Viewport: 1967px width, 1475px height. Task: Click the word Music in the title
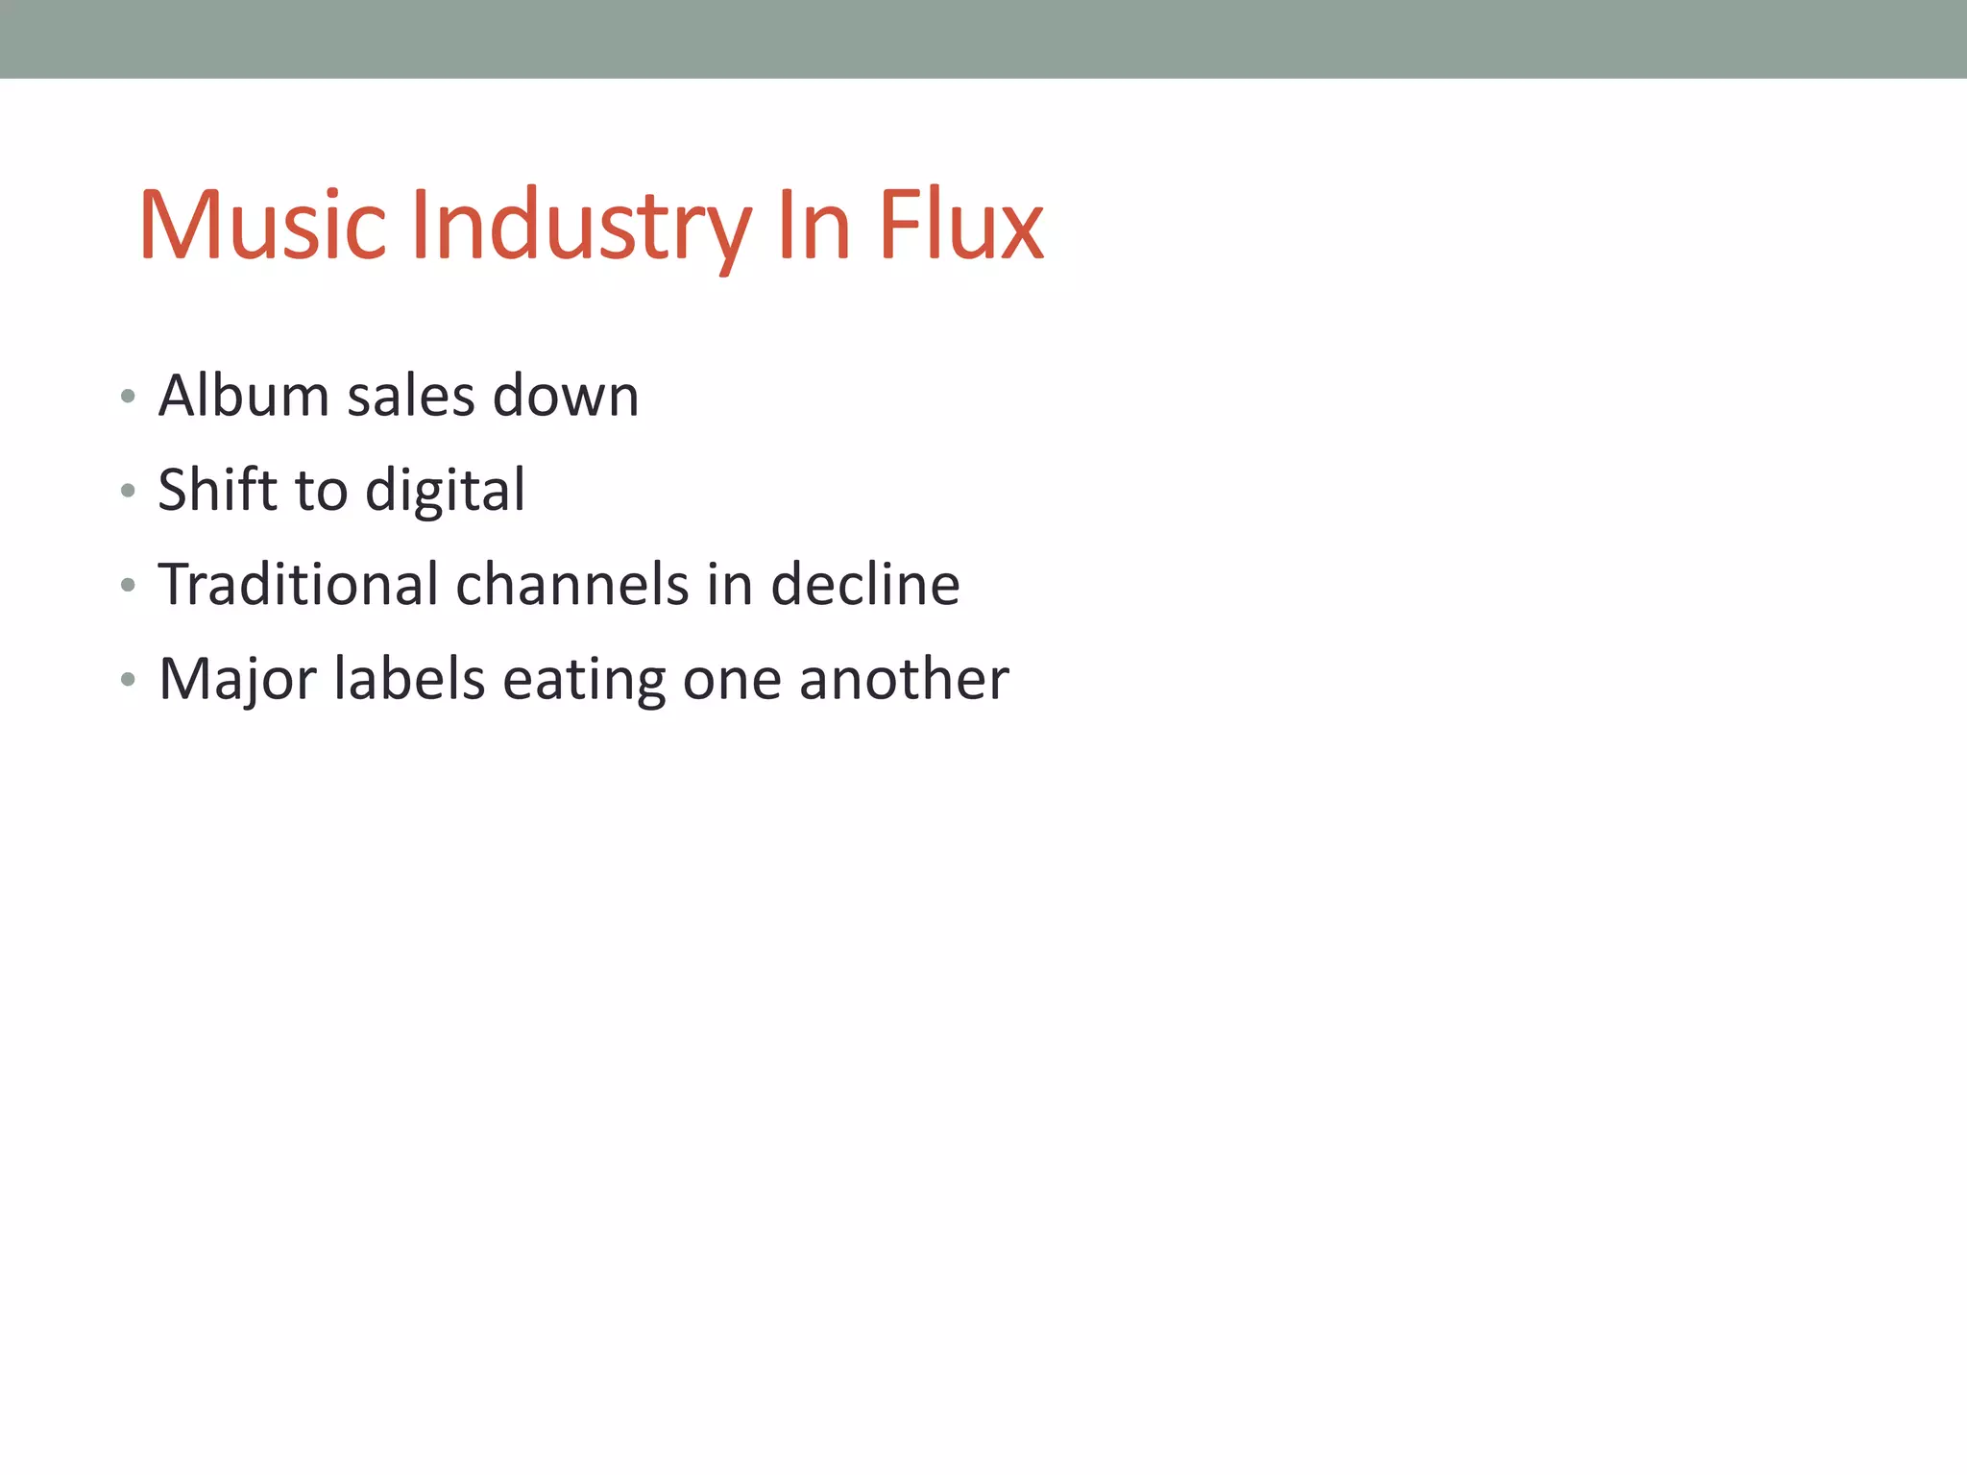263,226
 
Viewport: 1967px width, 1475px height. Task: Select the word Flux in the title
960,226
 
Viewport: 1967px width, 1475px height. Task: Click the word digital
445,491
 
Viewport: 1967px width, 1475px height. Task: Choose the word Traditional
298,584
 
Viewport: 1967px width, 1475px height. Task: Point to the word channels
572,584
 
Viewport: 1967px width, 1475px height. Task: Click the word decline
864,584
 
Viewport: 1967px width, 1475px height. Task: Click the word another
904,678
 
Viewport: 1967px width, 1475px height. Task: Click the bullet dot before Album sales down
128,397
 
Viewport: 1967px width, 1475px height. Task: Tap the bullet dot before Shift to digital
128,492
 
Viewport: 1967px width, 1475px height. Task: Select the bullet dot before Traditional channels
128,586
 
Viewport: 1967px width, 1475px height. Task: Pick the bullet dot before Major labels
128,680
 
